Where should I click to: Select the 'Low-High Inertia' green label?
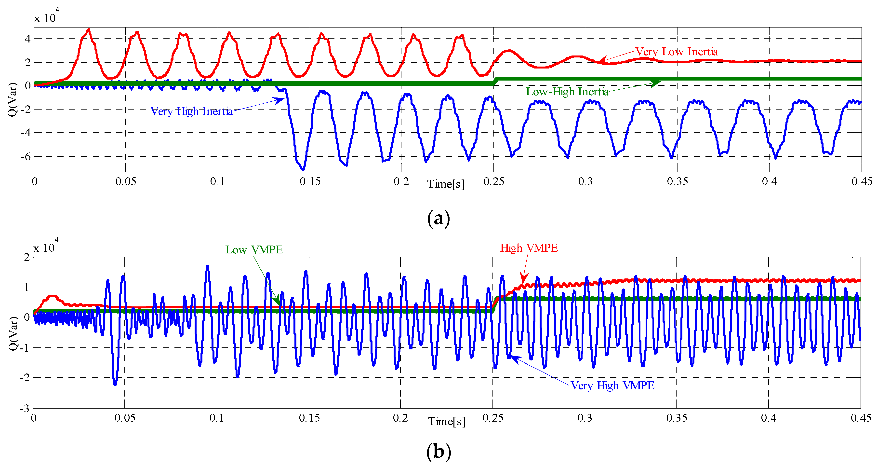[567, 91]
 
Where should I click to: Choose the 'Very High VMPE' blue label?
[612, 385]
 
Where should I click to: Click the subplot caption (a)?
[438, 218]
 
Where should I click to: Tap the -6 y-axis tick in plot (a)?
[26, 157]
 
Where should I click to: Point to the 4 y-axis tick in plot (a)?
[27, 39]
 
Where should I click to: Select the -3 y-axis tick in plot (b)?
[24, 408]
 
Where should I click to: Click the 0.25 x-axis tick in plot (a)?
[493, 181]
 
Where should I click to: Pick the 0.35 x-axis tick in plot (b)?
[677, 418]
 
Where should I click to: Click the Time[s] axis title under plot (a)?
[446, 184]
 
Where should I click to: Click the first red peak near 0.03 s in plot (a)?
[89, 30]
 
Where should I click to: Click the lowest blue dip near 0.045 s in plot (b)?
[115, 384]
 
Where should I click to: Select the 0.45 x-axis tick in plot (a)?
[861, 181]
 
